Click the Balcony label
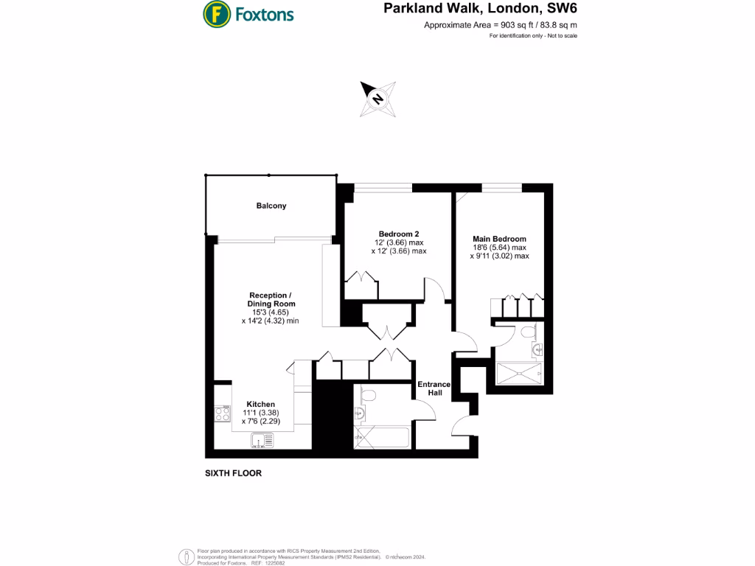pos(271,206)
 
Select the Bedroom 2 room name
pos(399,234)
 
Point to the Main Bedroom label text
pos(500,239)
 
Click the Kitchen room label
pos(260,405)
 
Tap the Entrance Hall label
pos(434,388)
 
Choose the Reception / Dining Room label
pos(271,299)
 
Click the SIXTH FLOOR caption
pos(233,473)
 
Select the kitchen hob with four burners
pos(222,414)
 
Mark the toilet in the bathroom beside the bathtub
pos(369,396)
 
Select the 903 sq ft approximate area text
pos(501,25)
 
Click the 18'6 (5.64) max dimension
pos(500,248)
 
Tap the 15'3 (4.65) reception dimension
pos(271,312)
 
